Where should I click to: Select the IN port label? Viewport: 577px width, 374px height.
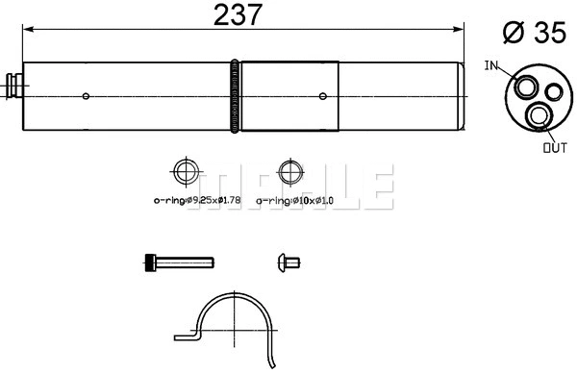coord(491,65)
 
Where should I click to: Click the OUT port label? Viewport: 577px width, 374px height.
coord(556,148)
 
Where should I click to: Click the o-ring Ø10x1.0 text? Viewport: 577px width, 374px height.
coord(296,200)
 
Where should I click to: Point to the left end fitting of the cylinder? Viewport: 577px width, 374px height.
coord(14,84)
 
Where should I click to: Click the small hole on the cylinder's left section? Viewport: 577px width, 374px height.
coord(87,96)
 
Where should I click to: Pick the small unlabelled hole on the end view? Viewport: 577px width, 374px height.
coord(552,92)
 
